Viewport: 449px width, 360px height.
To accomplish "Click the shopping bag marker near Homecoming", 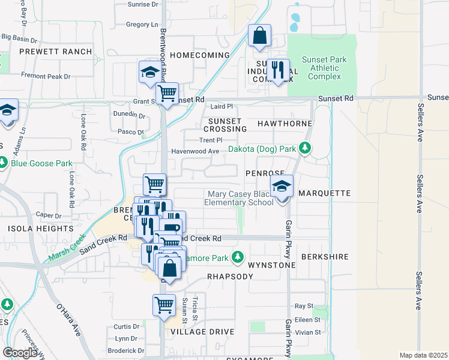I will click(259, 37).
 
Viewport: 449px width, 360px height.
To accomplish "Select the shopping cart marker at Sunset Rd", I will click(167, 95).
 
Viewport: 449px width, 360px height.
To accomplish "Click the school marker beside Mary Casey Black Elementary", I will click(281, 188).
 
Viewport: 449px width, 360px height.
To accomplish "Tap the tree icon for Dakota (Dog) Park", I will click(306, 148).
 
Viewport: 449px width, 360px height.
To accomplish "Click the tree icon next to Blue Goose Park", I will click(4, 163).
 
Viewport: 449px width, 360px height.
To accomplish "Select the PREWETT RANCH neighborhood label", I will click(55, 52).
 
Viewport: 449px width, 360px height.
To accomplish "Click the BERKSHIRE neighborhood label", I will click(325, 257).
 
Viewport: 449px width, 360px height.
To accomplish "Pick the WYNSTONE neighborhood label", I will click(273, 265).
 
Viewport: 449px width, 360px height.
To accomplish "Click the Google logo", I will click(20, 353).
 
